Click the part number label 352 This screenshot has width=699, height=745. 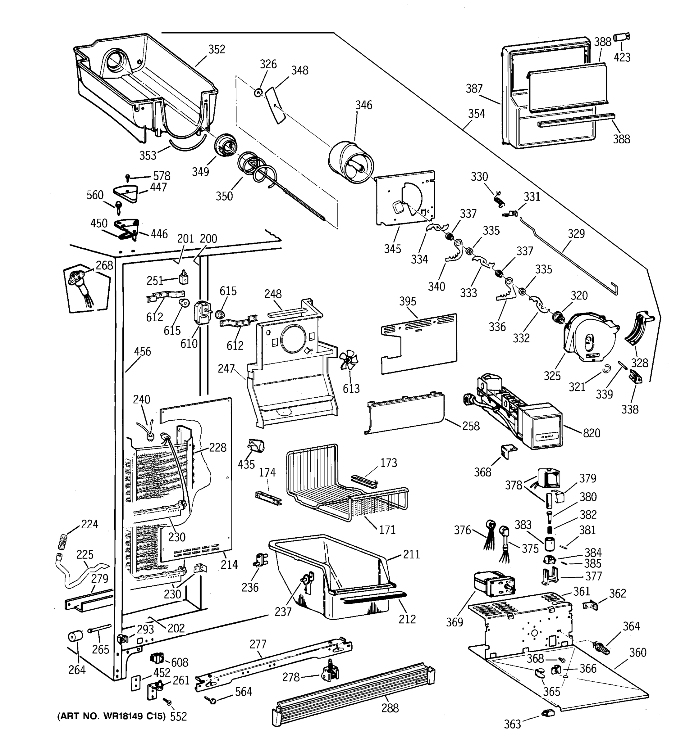click(217, 49)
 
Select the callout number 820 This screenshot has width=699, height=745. click(592, 433)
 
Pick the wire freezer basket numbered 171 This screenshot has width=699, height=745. click(345, 483)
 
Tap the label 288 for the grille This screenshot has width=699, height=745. click(390, 708)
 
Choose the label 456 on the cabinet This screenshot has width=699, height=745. click(143, 351)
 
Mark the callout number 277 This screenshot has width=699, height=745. click(258, 644)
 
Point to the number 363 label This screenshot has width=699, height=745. click(512, 725)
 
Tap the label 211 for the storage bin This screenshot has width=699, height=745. click(411, 554)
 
